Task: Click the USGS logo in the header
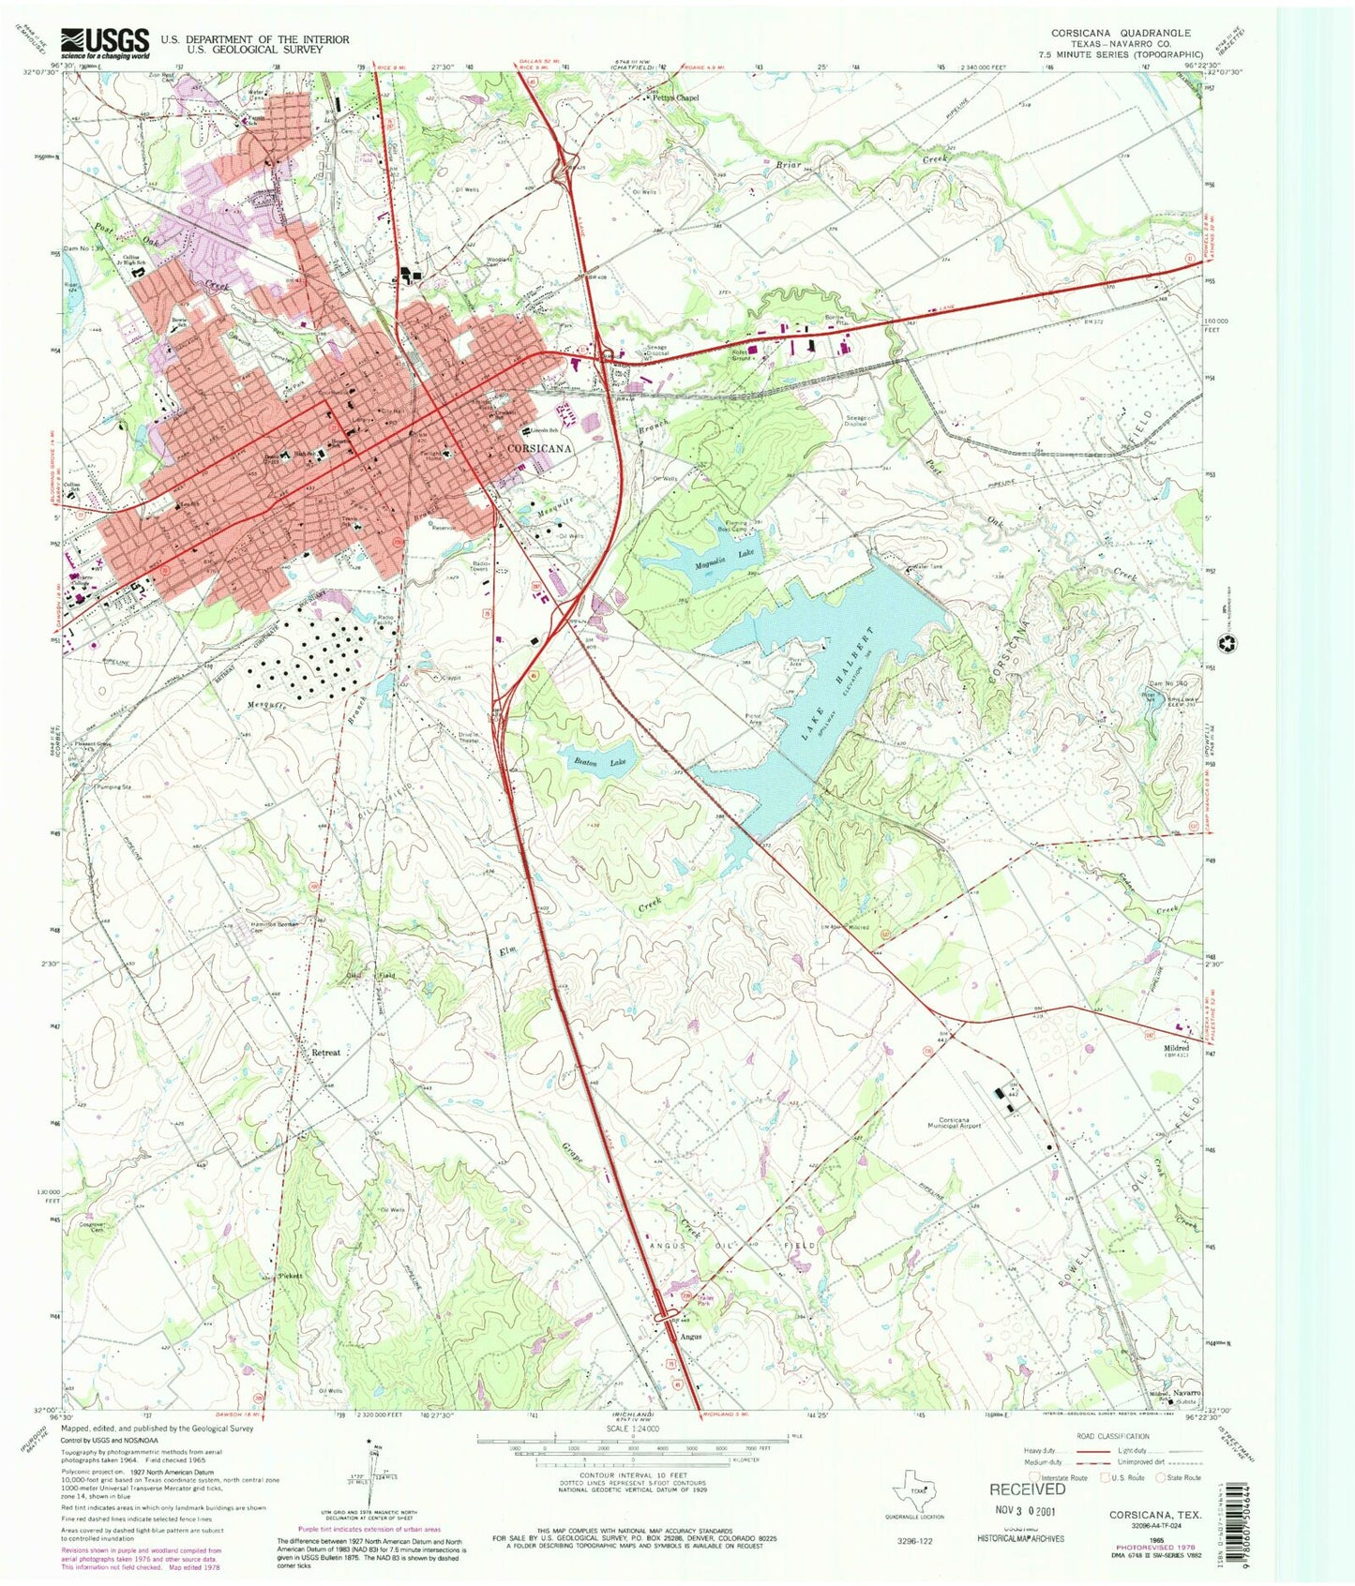(105, 42)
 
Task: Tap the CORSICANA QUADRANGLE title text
(1121, 33)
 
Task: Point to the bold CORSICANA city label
(539, 449)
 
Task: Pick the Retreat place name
(325, 1053)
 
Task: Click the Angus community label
(690, 1337)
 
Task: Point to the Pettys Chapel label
(676, 97)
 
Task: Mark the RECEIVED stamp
(1028, 1489)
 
